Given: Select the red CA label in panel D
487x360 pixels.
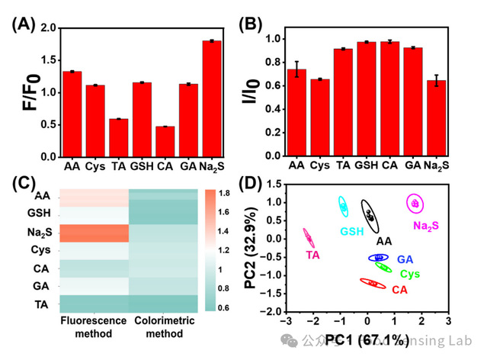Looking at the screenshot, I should pyautogui.click(x=400, y=291).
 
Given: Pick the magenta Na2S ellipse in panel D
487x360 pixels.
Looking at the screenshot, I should pyautogui.click(x=415, y=204).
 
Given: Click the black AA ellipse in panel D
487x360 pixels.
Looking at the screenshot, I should pyautogui.click(x=370, y=217).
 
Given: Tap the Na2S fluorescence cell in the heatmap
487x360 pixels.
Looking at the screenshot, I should pyautogui.click(x=94, y=233).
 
